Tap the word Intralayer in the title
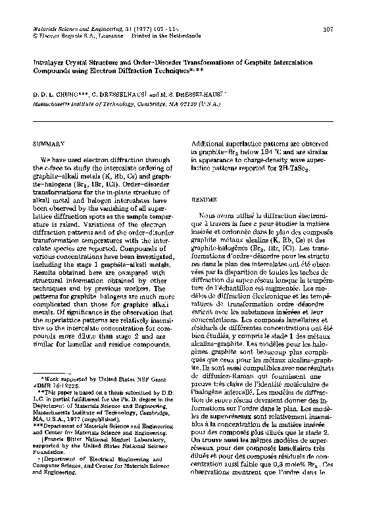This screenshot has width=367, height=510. [53, 58]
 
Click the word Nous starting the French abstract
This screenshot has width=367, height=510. [207, 215]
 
